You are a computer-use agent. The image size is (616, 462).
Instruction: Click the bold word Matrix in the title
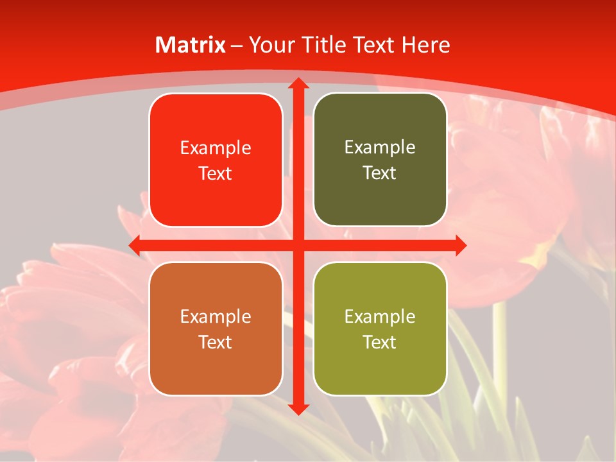tap(191, 45)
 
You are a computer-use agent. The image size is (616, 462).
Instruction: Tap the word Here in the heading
tap(425, 45)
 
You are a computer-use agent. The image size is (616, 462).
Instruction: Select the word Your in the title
tap(269, 45)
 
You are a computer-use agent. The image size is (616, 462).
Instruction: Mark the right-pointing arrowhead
tap(459, 245)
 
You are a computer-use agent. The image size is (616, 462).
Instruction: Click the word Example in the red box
tap(216, 148)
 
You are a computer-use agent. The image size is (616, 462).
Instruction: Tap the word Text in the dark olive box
tap(379, 173)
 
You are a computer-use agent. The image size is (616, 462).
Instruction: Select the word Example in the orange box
tap(216, 316)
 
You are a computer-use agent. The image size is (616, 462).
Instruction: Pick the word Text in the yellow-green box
tap(379, 342)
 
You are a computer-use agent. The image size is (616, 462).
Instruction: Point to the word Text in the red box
tap(215, 174)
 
